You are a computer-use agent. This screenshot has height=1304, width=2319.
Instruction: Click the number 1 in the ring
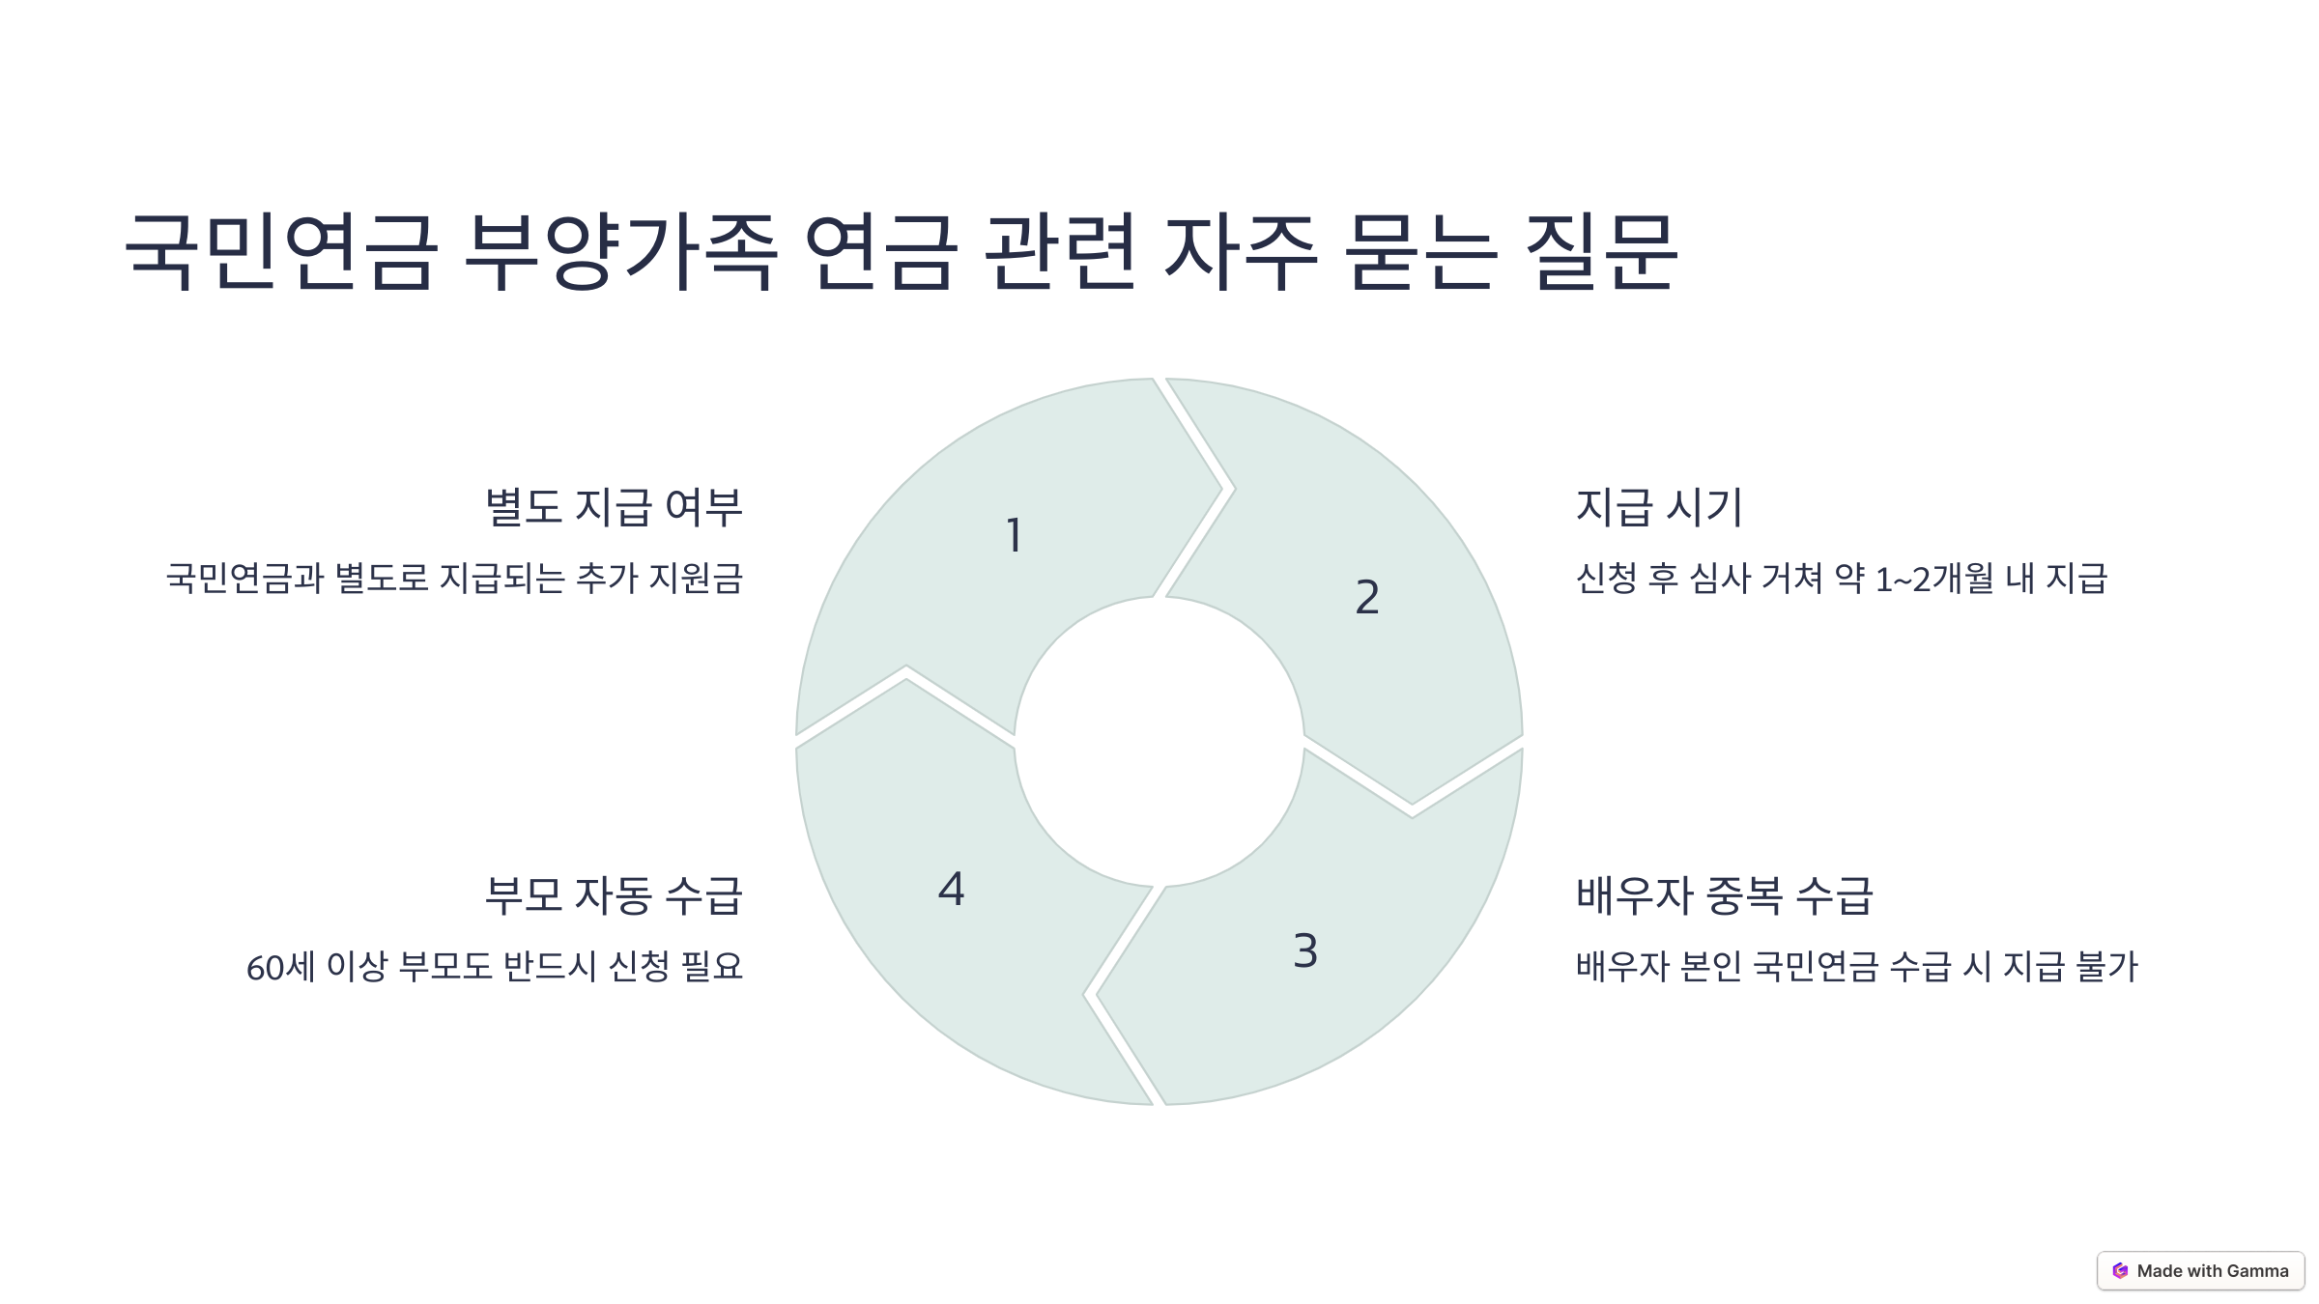[x=1014, y=535]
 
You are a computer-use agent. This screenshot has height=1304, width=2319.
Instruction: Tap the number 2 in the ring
[x=1367, y=597]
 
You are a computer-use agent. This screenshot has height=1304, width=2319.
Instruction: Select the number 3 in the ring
[x=1305, y=950]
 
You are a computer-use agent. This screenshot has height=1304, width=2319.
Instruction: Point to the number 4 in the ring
[x=951, y=889]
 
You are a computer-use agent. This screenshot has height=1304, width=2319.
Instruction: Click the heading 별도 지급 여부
[x=614, y=507]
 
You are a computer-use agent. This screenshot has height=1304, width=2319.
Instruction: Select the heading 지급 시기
[x=1659, y=507]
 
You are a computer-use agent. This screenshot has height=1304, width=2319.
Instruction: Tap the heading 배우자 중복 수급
[x=1725, y=895]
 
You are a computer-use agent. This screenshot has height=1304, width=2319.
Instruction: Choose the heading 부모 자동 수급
[x=614, y=895]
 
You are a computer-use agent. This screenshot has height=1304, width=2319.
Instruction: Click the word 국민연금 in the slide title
[x=280, y=251]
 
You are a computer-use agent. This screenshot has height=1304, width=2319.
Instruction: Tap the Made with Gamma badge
[x=2200, y=1271]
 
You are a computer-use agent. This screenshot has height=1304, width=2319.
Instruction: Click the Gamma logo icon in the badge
[x=2120, y=1271]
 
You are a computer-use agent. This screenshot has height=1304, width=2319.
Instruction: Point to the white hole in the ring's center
[x=1159, y=742]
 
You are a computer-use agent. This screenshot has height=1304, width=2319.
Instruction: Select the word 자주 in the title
[x=1241, y=251]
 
